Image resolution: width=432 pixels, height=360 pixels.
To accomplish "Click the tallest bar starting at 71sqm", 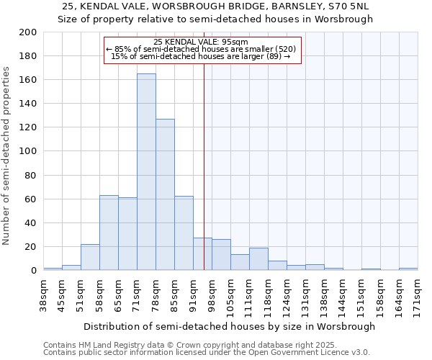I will pos(146,172).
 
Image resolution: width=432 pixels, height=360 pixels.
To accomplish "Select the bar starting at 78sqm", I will pos(165,194).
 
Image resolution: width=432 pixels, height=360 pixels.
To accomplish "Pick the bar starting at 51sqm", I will pos(90,257).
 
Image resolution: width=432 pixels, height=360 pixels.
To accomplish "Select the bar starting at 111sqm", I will pos(258,259).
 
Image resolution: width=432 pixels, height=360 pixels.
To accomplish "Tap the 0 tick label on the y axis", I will pos(34,271).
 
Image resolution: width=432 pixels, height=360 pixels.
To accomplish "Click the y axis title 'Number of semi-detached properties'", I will pos(6,155).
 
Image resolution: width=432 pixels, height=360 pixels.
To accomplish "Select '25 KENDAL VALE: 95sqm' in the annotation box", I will pos(201,42).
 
